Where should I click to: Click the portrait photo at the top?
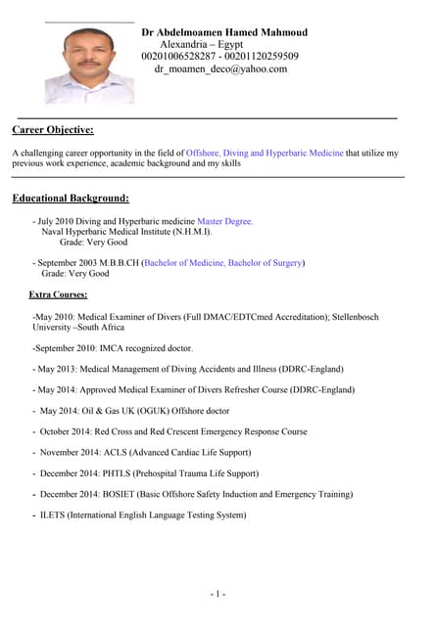(89, 64)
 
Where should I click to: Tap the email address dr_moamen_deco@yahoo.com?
(220, 69)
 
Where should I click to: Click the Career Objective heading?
(53, 129)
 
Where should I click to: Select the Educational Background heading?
(71, 199)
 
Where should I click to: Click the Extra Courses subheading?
(58, 293)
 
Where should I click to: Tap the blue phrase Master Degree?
(224, 222)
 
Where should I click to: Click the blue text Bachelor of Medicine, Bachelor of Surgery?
(224, 263)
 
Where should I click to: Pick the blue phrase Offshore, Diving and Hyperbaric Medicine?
(265, 154)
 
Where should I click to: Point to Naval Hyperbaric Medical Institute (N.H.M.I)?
(126, 233)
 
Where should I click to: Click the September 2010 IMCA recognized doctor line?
(113, 348)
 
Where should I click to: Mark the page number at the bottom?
(218, 594)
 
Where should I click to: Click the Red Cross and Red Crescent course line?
(173, 431)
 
